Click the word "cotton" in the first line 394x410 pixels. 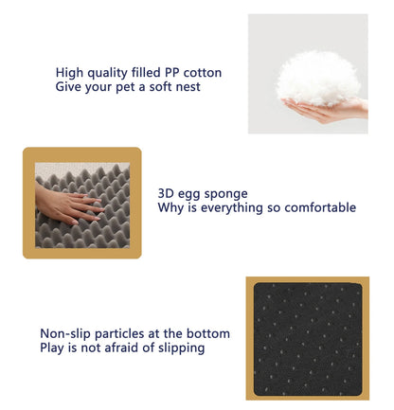[201, 73]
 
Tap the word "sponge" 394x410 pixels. [228, 193]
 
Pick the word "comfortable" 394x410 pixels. [318, 207]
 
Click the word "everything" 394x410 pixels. [230, 207]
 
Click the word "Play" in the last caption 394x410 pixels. [54, 348]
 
